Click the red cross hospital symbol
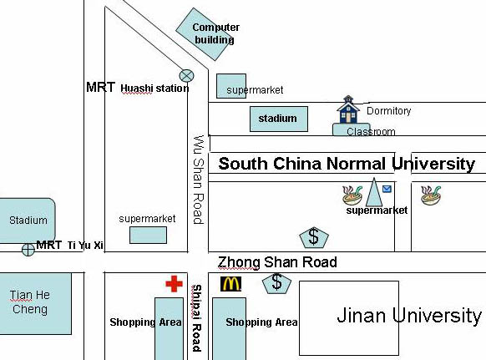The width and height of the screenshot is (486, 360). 175,284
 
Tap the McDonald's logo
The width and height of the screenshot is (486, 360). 230,284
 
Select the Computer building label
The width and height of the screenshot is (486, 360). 215,33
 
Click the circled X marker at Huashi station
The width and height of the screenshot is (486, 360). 186,75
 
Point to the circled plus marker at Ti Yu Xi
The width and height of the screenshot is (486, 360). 28,250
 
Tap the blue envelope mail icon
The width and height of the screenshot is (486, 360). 387,189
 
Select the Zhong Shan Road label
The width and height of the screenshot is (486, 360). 277,262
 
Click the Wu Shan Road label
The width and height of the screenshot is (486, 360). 199,180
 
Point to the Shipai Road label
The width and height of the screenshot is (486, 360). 197,318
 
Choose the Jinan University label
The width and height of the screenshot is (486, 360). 409,316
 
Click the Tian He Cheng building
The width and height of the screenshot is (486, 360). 36,303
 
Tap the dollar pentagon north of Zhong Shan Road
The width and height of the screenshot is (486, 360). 314,237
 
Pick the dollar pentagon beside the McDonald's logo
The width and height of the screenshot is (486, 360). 276,283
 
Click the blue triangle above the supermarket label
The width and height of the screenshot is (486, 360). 374,192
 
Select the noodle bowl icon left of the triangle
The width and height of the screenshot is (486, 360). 352,195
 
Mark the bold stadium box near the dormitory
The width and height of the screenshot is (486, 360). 279,119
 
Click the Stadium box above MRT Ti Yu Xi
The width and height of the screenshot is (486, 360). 28,221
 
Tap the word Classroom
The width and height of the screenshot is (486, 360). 371,132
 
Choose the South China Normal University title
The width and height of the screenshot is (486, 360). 347,164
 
